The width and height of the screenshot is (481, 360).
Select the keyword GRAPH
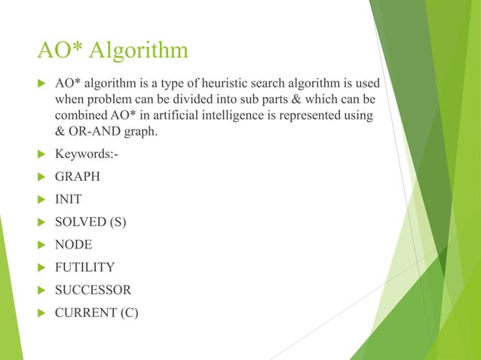[77, 178]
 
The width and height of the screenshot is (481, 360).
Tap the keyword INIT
[69, 200]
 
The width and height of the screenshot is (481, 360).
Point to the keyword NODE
[73, 245]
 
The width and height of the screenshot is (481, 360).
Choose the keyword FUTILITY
[84, 267]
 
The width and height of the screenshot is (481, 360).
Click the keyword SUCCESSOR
[93, 289]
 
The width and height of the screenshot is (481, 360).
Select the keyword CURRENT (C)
[97, 311]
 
